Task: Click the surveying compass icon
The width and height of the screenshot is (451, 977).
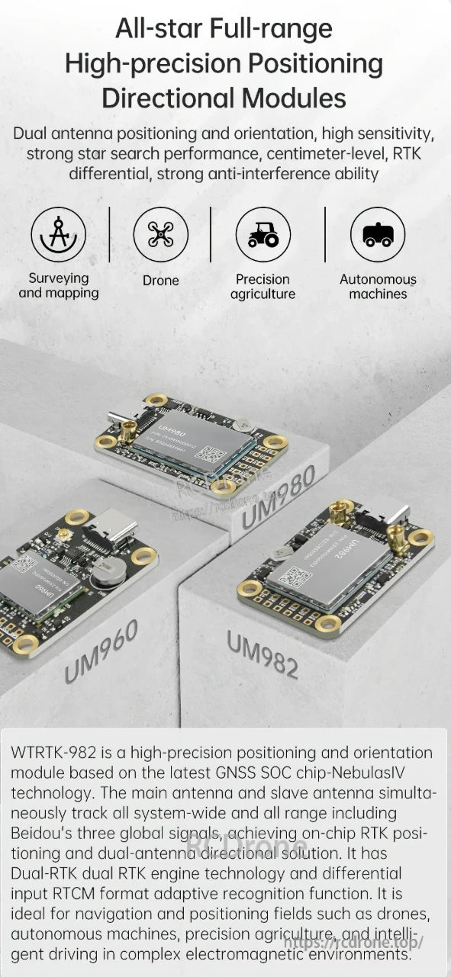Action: pos(58,234)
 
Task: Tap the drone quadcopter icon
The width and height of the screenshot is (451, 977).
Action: pos(160,234)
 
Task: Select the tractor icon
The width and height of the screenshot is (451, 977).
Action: pos(263,234)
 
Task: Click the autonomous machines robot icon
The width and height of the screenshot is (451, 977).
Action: pos(377,234)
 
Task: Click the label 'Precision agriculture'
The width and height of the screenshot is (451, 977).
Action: pos(263,287)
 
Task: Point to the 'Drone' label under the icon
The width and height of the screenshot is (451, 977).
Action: pos(160,281)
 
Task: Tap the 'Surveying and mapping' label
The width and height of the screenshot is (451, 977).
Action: pos(59,286)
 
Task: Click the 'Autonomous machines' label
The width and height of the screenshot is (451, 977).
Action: pos(378,287)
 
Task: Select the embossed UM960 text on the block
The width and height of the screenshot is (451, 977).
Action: pos(101,651)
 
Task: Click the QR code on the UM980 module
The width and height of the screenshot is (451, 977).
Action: pos(215,455)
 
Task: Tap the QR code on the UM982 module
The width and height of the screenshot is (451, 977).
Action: pos(295,577)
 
